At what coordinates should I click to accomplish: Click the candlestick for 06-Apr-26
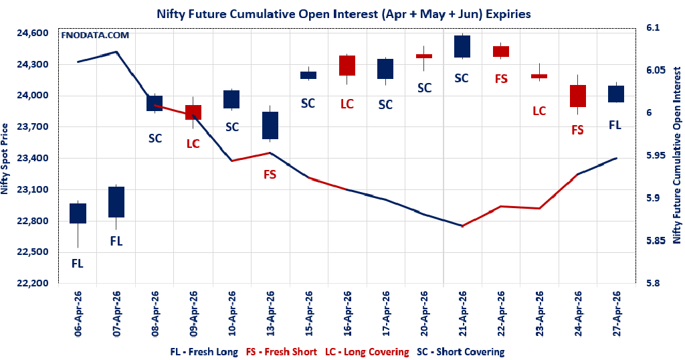[78, 213]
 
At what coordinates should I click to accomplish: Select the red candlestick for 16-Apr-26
[347, 66]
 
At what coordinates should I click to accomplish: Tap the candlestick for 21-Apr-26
[462, 46]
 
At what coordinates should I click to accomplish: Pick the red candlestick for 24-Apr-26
[578, 96]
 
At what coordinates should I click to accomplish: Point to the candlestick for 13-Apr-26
[270, 125]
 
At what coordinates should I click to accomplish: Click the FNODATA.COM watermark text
[94, 35]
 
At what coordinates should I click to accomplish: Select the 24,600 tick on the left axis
[32, 33]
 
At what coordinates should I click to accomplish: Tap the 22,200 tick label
[32, 283]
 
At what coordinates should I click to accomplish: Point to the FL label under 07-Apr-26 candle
[116, 240]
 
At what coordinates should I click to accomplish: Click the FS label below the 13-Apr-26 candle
[270, 175]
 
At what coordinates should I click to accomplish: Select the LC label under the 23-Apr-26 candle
[539, 111]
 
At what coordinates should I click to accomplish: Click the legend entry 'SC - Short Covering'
[460, 351]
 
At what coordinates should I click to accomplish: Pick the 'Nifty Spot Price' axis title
[6, 159]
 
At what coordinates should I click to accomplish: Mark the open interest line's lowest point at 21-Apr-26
[462, 226]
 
